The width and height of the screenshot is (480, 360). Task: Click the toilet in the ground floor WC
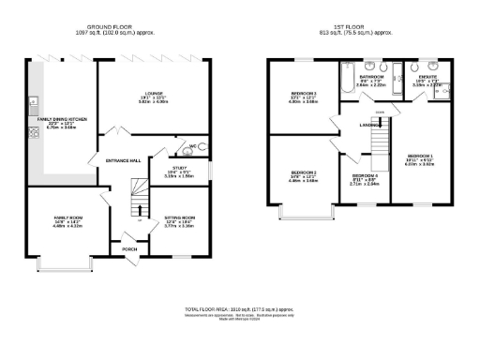(203, 148)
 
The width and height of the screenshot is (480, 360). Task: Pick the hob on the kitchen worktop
(33, 132)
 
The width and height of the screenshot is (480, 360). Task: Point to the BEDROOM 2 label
(303, 173)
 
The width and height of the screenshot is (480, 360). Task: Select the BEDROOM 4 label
(365, 176)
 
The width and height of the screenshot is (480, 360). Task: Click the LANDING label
(368, 124)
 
